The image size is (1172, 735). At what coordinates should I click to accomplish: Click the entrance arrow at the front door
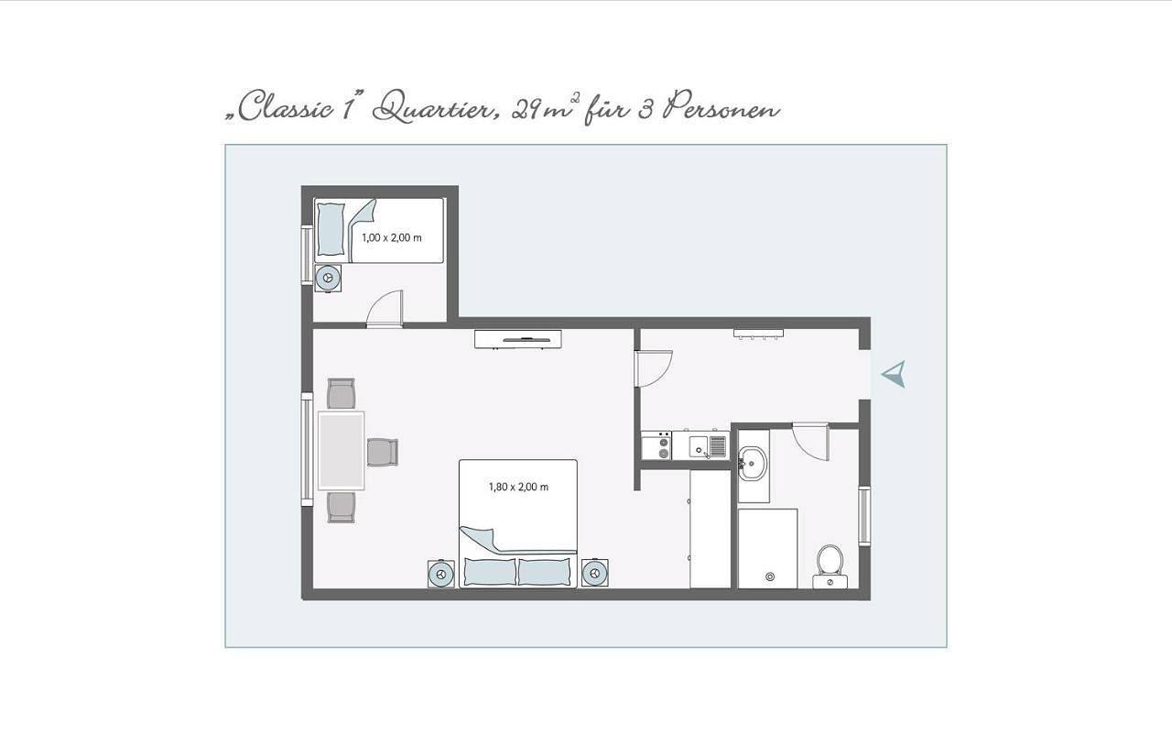point(895,374)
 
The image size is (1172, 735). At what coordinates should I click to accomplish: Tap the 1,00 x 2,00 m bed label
point(391,237)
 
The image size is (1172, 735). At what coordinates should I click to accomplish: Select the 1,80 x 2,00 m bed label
point(518,487)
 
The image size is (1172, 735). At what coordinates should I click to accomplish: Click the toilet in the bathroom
point(830,566)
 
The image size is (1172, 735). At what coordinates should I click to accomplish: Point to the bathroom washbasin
point(753,463)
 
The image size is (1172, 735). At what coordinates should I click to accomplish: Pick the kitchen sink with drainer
point(708,446)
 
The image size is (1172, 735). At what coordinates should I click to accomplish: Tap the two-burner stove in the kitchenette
point(657,445)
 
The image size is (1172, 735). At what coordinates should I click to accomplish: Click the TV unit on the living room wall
point(518,339)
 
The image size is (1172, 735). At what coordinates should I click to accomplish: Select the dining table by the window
point(342,450)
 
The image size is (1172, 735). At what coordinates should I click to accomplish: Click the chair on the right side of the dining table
point(383,453)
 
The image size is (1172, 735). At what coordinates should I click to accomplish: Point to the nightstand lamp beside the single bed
point(328,278)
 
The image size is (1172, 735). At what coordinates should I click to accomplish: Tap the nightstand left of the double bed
point(441,574)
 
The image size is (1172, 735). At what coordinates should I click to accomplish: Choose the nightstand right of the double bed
point(595,573)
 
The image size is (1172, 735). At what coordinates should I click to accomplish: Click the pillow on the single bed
point(331,229)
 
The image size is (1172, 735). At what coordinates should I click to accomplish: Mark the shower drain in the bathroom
point(770,576)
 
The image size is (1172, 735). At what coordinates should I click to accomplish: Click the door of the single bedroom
point(385,309)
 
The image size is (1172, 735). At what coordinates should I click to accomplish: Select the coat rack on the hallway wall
point(758,334)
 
